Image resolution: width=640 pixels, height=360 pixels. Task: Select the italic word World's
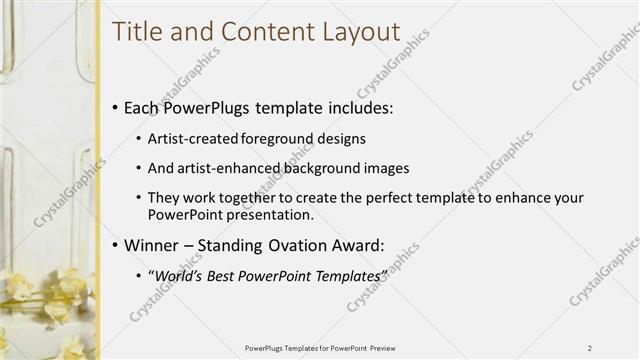(177, 275)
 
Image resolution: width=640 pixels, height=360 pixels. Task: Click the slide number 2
(590, 348)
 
